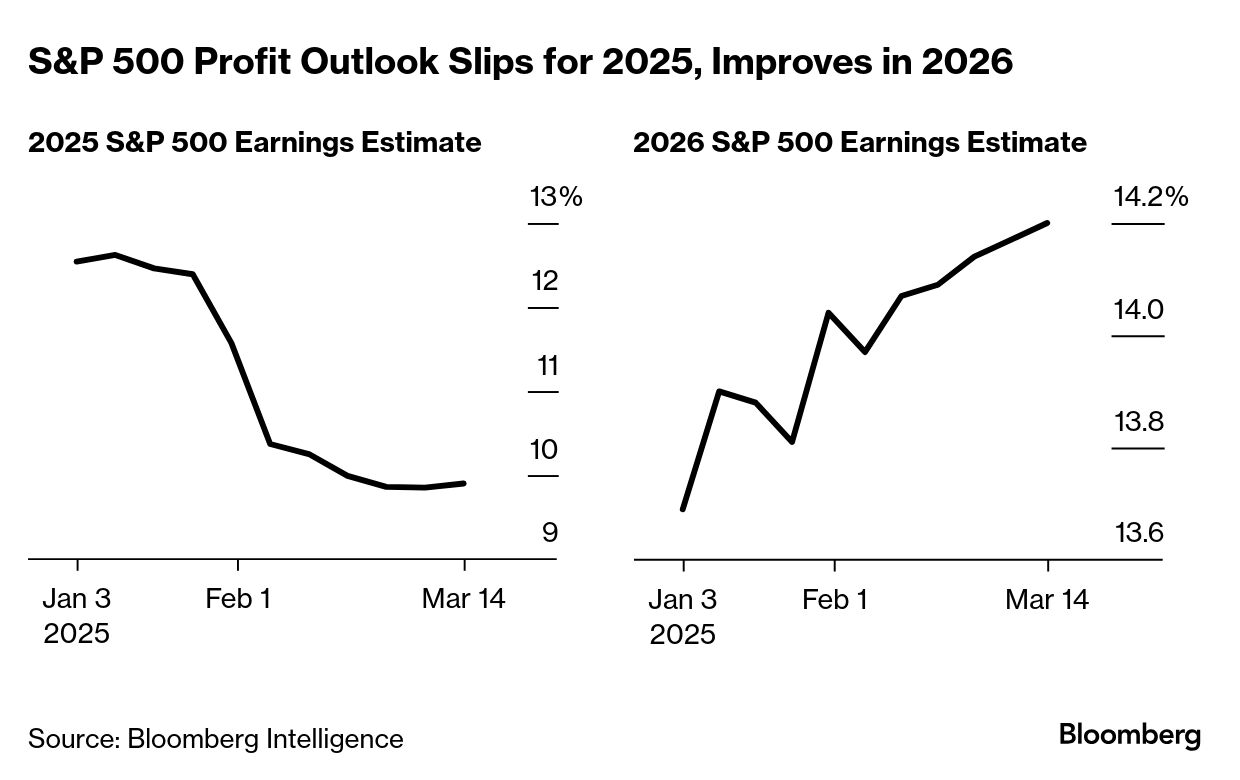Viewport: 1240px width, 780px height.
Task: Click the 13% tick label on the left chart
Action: click(x=555, y=197)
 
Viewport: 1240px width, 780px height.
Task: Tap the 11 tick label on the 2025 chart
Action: click(x=547, y=366)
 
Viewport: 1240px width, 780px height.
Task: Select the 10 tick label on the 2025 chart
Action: click(x=544, y=450)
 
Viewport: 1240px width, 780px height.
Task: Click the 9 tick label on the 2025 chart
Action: click(x=550, y=533)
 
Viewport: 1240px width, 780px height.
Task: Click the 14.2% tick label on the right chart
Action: click(x=1151, y=197)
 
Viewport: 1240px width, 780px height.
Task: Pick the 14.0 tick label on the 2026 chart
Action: click(x=1139, y=310)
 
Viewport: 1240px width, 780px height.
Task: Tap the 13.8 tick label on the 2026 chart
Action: click(x=1139, y=422)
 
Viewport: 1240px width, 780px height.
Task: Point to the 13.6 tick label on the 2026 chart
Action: click(x=1139, y=533)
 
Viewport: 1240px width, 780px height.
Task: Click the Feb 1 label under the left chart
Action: click(x=238, y=599)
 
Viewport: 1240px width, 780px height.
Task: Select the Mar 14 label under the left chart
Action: click(x=464, y=599)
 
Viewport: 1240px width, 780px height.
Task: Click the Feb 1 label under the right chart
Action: click(x=834, y=599)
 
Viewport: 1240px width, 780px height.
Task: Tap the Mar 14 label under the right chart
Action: click(x=1047, y=599)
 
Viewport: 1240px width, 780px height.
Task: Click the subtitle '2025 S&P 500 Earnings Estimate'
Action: click(x=255, y=143)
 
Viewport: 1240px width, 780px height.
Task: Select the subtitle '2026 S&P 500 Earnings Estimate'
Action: click(x=860, y=143)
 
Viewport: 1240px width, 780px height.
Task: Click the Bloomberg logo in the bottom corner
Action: click(x=1130, y=736)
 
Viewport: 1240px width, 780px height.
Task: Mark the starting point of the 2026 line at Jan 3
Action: click(x=683, y=509)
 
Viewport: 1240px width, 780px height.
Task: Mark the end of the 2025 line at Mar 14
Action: click(x=465, y=483)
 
